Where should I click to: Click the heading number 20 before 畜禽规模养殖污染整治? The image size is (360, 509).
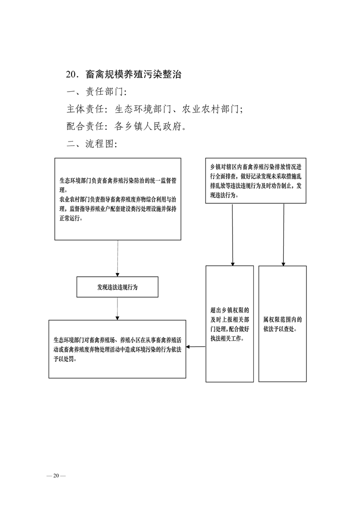coord(71,75)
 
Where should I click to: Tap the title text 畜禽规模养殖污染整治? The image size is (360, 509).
coord(133,74)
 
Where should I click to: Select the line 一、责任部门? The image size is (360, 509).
coord(97,92)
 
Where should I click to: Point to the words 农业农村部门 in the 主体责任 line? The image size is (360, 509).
coord(210,109)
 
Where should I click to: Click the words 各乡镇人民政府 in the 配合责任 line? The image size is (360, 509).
coord(147,126)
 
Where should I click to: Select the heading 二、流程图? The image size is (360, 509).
coord(92,143)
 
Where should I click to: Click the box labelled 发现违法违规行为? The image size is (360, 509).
coord(117,287)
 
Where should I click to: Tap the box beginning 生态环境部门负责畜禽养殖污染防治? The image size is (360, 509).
coord(118,199)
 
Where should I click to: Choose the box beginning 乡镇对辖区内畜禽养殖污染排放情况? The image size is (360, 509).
coord(256,181)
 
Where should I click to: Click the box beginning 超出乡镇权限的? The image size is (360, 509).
coord(229,323)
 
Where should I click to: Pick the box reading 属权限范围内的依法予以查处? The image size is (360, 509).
coord(282,323)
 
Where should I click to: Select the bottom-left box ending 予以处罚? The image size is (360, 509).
coord(117,349)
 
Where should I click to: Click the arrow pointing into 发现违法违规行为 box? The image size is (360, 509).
coord(117,259)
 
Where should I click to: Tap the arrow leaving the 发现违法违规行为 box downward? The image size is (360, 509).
coord(117,308)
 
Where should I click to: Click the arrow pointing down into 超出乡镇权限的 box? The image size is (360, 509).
coord(232,235)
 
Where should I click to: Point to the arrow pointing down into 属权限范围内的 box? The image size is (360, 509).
coord(283,235)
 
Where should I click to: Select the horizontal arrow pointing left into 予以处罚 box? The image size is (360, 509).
coord(196,347)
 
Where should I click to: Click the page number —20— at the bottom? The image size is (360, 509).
coord(56,476)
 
